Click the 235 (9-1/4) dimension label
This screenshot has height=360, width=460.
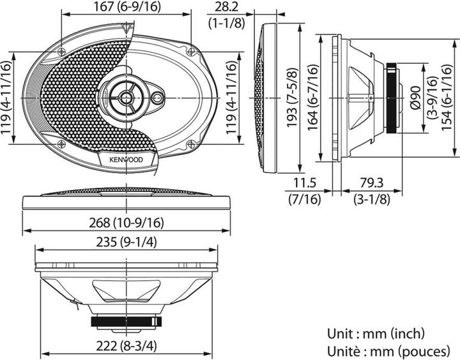(126, 243)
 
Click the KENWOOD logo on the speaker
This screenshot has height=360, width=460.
(125, 160)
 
